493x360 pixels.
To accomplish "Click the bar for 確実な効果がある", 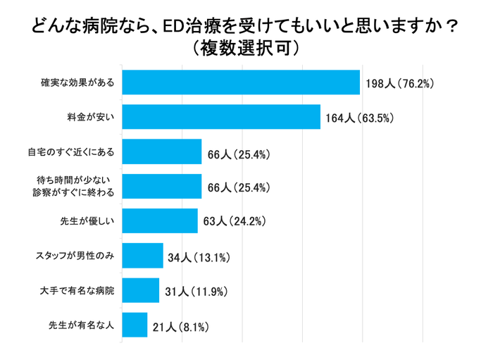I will tap(241, 82).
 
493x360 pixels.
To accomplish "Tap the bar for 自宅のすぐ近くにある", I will tap(162, 151).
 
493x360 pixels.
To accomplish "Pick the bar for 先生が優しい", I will tap(160, 221).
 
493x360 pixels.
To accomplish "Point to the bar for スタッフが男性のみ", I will tap(143, 256).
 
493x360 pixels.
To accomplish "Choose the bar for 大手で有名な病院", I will tap(141, 290).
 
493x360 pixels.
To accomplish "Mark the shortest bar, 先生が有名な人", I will tap(135, 325).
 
